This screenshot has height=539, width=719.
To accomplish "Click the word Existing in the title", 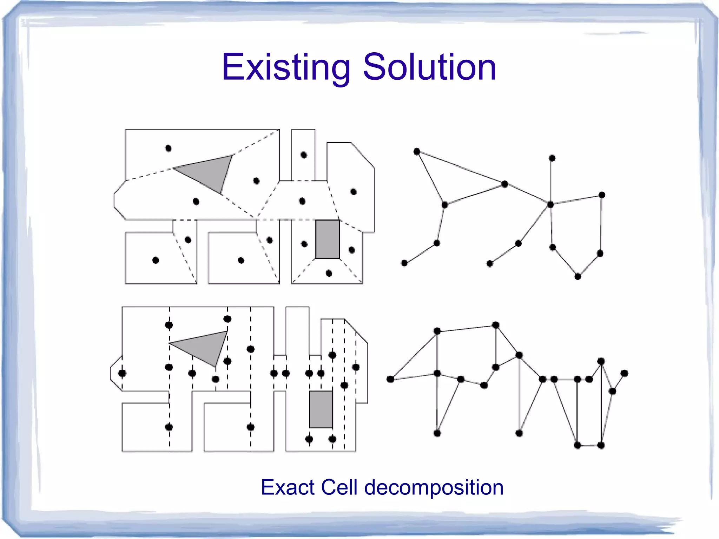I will point(286,67).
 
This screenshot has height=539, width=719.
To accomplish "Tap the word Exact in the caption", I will point(288,487).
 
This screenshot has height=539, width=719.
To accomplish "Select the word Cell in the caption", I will point(339,487).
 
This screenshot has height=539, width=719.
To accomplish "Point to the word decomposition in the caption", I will point(434,488).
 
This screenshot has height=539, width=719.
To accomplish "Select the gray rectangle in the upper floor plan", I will point(327,239).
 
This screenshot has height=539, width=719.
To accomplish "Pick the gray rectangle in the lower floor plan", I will point(321,409).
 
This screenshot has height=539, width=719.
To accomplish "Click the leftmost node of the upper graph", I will point(404,263).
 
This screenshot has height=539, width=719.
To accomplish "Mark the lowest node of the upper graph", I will point(578,276).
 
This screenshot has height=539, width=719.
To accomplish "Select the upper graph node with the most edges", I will point(551,204).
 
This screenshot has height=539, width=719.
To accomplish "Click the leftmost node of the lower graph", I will point(390,379).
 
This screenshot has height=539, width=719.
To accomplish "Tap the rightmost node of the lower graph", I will point(624,373).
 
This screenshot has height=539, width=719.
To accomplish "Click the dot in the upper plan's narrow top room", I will point(304,155).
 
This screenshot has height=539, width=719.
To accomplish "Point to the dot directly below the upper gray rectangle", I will point(329,273).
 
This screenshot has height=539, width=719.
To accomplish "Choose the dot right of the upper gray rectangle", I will point(351,250).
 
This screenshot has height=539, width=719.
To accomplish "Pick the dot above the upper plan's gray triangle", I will point(168,149).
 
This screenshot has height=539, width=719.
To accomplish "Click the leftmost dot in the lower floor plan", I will point(122,373).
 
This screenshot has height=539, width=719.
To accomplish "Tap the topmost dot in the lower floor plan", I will point(227,319).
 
